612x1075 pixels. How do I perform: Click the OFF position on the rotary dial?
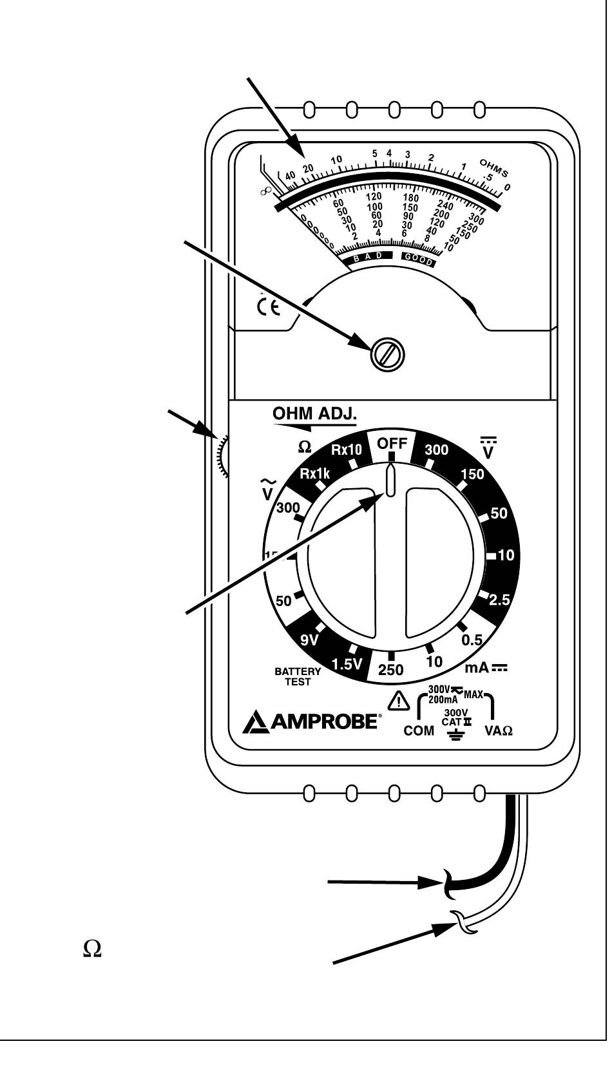pos(392,444)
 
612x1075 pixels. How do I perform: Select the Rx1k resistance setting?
pos(314,474)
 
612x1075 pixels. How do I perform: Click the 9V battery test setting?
pos(311,640)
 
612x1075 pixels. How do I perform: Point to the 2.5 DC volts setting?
pos(499,600)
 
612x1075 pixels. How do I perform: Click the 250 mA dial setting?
pos(390,670)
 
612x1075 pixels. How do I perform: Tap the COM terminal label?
pos(418,731)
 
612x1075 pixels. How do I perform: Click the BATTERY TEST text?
pos(298,677)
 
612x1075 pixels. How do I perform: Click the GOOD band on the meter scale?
pos(419,259)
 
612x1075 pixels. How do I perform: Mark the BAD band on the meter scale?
pos(370,258)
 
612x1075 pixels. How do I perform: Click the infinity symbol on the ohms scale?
pos(265,191)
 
